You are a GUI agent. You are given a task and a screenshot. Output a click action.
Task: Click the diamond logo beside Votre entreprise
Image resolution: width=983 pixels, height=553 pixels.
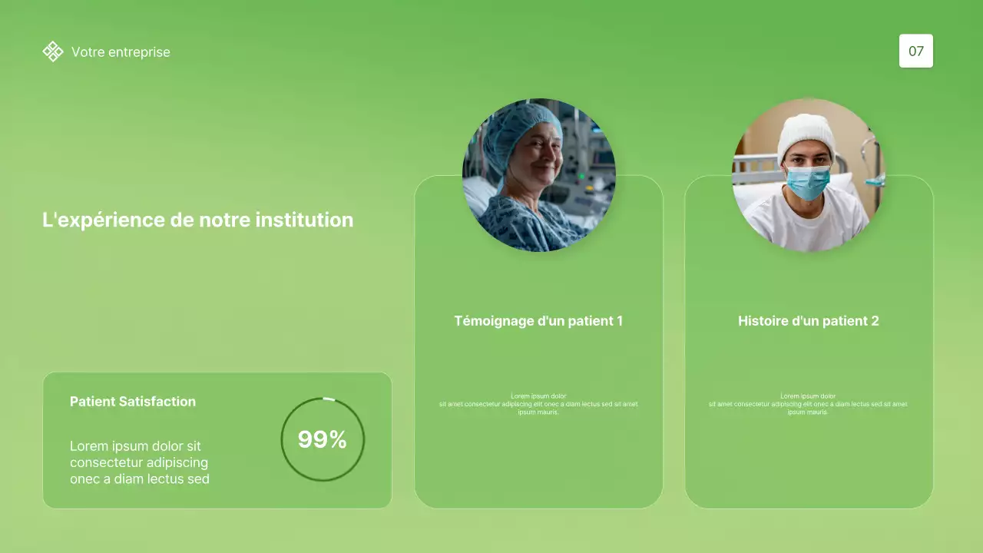[53, 51]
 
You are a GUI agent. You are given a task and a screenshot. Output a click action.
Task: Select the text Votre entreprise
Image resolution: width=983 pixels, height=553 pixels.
[121, 52]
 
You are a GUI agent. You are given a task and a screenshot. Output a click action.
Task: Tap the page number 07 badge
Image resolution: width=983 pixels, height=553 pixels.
[916, 51]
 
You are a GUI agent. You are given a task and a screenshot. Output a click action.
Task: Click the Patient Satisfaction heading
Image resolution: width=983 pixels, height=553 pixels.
[133, 401]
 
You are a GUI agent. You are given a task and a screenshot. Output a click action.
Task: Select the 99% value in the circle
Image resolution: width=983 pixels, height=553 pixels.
[323, 439]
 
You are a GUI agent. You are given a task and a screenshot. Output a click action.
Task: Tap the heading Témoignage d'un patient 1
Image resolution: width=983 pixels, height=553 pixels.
[538, 321]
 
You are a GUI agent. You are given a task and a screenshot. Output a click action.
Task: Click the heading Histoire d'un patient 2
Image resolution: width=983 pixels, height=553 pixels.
[808, 321]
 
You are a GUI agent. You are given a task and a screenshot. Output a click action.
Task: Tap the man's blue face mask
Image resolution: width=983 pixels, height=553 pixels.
[808, 182]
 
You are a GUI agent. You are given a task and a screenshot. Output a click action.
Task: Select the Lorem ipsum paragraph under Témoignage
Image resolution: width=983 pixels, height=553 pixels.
[538, 404]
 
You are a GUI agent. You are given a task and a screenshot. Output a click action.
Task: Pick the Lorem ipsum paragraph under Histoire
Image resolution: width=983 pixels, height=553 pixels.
[808, 404]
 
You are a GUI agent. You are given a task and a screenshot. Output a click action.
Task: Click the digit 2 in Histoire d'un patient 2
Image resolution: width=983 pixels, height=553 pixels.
[875, 321]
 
